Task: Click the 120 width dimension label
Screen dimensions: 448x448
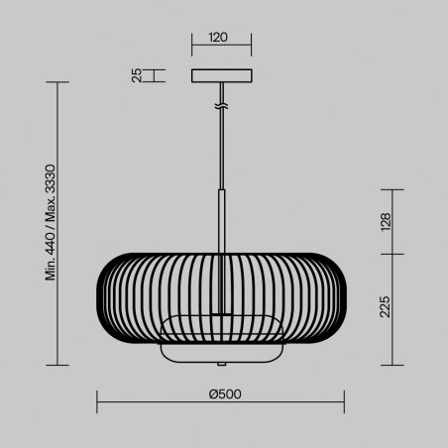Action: click(x=219, y=39)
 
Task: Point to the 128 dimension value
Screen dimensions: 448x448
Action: click(x=387, y=222)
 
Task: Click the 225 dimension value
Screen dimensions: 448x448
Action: click(x=387, y=308)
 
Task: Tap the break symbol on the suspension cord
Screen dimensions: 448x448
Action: click(x=222, y=105)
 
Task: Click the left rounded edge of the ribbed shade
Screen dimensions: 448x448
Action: click(x=100, y=297)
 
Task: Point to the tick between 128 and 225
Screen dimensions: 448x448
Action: click(x=394, y=255)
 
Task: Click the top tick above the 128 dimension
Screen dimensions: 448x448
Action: click(x=394, y=190)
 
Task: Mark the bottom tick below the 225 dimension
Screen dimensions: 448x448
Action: click(x=394, y=364)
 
